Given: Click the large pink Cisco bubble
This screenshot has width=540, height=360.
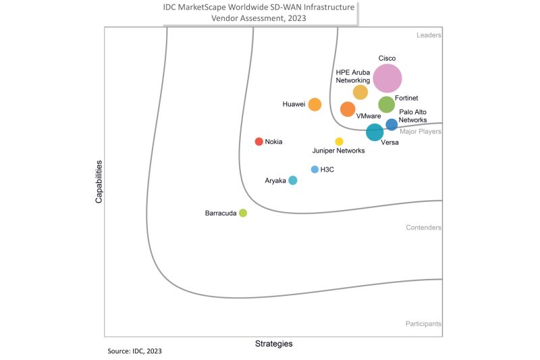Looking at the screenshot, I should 387,78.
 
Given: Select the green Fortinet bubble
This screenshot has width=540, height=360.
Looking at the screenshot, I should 386,105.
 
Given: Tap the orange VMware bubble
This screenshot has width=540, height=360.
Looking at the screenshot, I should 348,109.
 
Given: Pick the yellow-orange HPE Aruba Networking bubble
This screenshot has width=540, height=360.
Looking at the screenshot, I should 360,93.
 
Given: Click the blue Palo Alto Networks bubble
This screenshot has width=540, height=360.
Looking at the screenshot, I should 391,124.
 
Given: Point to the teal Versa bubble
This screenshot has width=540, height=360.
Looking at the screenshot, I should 375,132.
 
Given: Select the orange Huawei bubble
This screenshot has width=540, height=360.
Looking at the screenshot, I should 315,105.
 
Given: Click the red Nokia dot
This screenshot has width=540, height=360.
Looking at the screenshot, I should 259,142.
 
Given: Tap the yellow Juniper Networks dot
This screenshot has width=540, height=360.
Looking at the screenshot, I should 340,142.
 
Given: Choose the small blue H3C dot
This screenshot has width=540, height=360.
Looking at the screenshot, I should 315,170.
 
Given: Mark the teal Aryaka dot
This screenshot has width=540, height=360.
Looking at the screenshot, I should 292,180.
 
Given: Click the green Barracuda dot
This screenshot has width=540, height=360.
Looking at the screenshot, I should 243,213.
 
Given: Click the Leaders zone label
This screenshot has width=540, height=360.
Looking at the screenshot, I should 428,35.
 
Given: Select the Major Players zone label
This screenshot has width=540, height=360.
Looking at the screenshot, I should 421,132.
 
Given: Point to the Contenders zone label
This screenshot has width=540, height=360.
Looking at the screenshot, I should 424,228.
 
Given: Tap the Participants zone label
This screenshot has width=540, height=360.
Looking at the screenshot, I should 423,324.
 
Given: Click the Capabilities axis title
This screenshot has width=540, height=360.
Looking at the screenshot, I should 99,182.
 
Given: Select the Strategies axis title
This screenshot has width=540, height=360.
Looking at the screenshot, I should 273,344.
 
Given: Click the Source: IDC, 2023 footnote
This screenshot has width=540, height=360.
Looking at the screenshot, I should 134,351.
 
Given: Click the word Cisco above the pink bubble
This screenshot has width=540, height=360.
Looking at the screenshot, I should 387,59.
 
